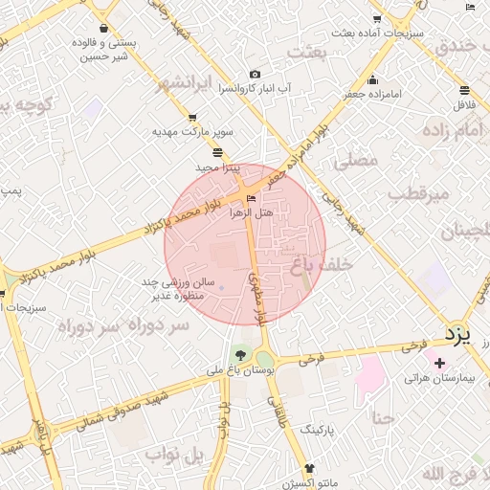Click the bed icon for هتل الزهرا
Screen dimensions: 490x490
coord(252,199)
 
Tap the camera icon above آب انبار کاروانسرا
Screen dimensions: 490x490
coord(255,75)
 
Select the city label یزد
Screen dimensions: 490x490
coord(457,333)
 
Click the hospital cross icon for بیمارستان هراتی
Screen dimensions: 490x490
coord(439,364)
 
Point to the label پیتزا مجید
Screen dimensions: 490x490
coord(218,167)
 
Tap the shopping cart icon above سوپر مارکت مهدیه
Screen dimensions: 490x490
coord(192,118)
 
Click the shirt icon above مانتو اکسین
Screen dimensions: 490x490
coord(309,468)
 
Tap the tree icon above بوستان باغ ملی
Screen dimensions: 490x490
coord(239,357)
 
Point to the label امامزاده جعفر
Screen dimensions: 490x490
coord(373,94)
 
